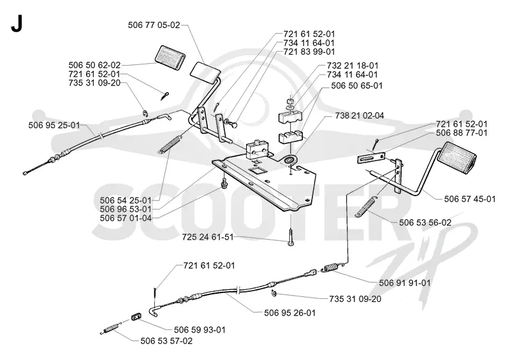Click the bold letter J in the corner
(x=17, y=24)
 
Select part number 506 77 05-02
(x=154, y=25)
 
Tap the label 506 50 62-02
(x=94, y=65)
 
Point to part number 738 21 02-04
(x=360, y=115)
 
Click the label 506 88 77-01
(x=462, y=133)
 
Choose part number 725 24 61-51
(x=208, y=237)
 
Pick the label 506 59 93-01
(x=200, y=330)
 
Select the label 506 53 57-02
(x=166, y=341)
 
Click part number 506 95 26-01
(x=290, y=313)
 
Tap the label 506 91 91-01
(x=405, y=283)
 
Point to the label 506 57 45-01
(x=470, y=199)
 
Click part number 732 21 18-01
(x=353, y=66)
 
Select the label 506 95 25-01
(x=54, y=125)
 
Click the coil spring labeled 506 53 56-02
(x=368, y=206)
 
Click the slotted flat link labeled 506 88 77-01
(x=371, y=159)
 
